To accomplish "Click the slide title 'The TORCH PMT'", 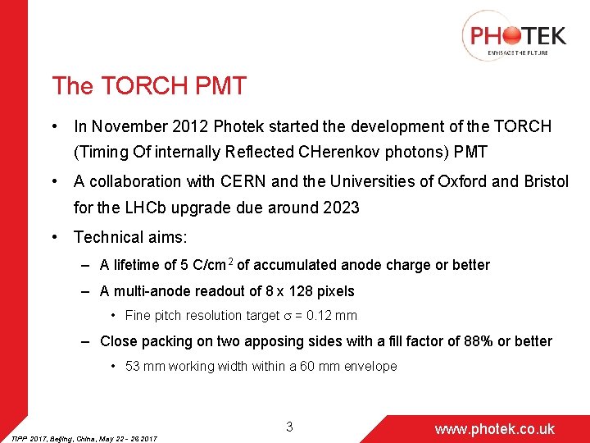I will click(x=148, y=86).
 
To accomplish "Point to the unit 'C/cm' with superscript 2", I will click(x=216, y=265).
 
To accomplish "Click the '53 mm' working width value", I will click(x=143, y=367).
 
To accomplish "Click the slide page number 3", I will click(x=289, y=427).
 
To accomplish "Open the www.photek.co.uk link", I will click(x=494, y=429).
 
